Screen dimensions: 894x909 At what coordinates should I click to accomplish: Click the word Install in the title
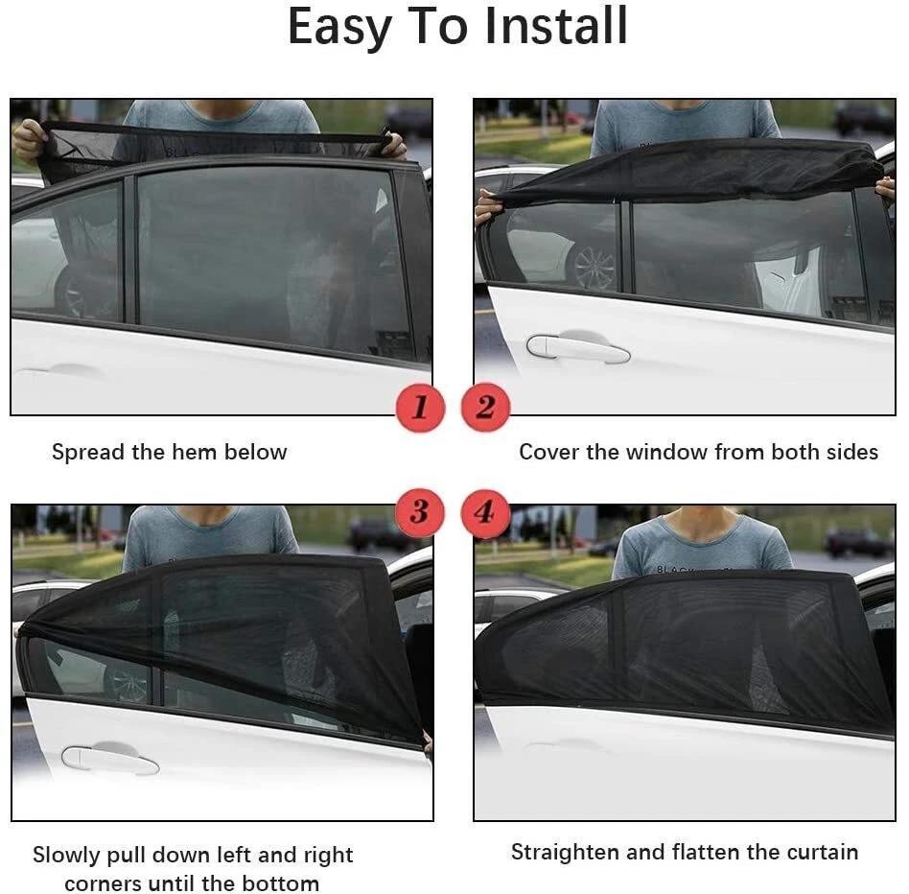point(555,27)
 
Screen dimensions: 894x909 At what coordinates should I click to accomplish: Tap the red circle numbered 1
point(420,408)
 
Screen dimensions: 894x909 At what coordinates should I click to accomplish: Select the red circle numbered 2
point(485,408)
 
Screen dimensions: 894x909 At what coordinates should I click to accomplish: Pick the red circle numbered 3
point(420,511)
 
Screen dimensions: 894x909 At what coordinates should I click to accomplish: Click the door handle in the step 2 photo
point(577,347)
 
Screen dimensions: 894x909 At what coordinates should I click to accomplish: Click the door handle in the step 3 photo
point(109,760)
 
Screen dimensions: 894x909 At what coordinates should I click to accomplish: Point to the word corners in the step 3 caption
point(101,883)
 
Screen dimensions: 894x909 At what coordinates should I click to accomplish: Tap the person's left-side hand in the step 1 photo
point(29,139)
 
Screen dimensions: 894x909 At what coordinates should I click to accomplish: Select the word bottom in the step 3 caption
point(284,883)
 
